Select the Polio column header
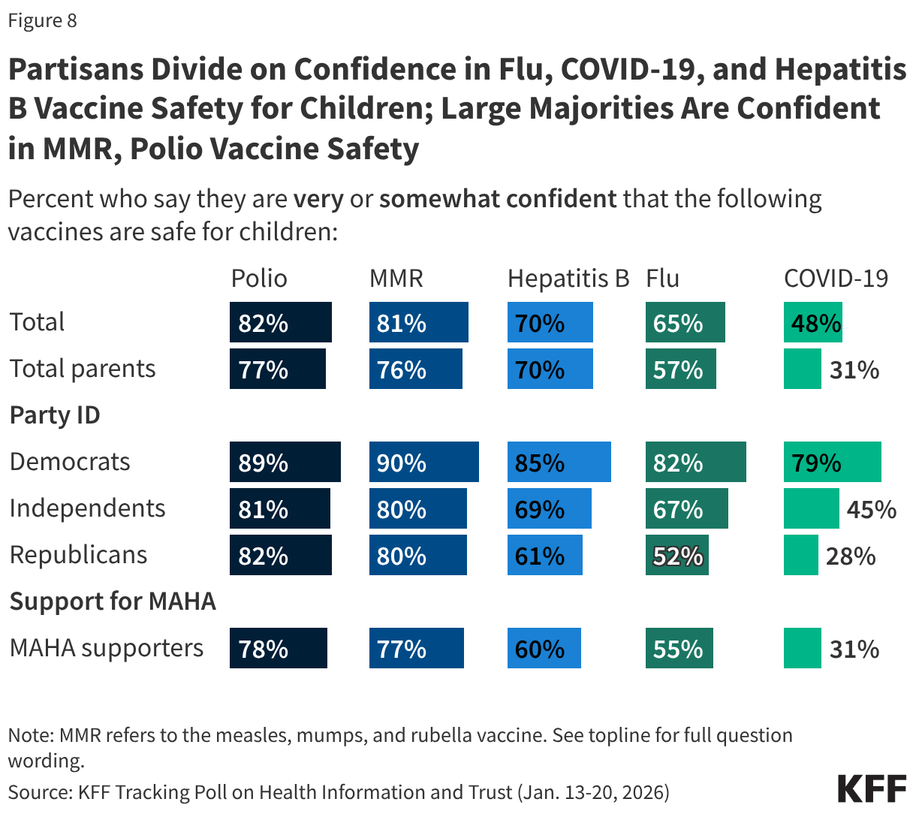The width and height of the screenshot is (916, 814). [x=259, y=279]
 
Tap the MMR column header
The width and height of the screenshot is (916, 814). [x=396, y=279]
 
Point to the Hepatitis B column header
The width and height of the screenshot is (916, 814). [x=568, y=279]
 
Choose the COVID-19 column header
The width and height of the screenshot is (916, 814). [x=836, y=279]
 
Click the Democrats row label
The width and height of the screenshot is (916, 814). [x=70, y=462]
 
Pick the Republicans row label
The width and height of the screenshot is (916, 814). [x=78, y=555]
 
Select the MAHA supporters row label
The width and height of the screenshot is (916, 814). [x=107, y=648]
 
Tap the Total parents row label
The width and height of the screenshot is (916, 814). [x=83, y=369]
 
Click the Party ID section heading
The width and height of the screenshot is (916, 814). [x=55, y=415]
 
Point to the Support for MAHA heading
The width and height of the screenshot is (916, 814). [x=113, y=601]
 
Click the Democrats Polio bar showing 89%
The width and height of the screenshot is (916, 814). [x=285, y=462]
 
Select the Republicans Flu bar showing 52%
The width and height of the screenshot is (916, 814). [x=676, y=555]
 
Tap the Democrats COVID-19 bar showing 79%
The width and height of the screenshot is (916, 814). [x=832, y=462]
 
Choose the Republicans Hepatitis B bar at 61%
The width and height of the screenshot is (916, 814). [x=544, y=555]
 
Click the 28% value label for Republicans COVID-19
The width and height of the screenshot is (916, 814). [x=851, y=556]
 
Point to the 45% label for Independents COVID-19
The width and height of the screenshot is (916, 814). [x=871, y=510]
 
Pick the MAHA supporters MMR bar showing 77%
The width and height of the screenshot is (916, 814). [x=416, y=648]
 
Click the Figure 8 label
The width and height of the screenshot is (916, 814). [x=43, y=20]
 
